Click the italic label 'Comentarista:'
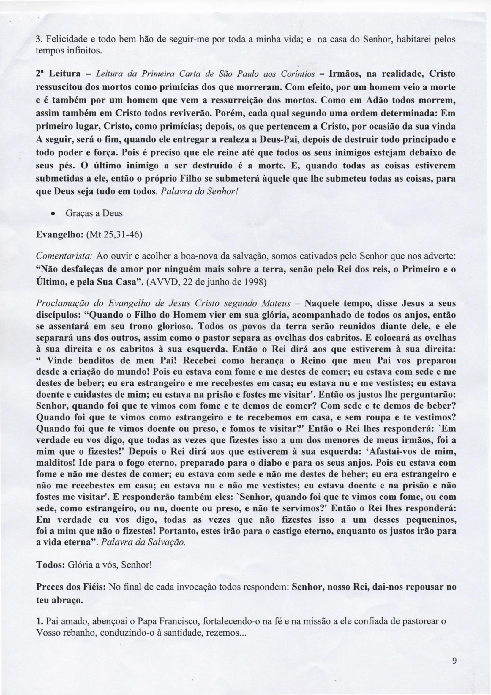64,256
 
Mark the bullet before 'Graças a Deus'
53,213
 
